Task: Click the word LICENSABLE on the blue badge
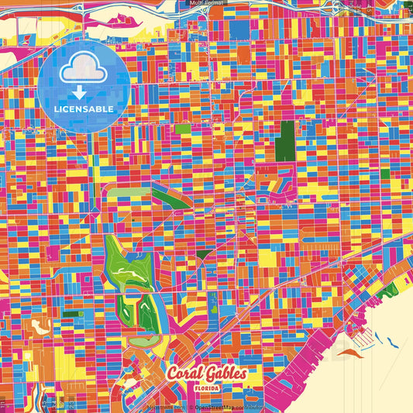click(84, 109)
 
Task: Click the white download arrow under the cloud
click(84, 90)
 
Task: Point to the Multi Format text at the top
click(205, 3)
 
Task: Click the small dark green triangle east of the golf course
click(202, 253)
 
